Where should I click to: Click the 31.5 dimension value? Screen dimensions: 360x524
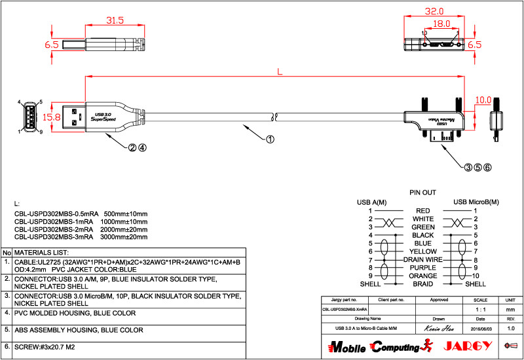[x=115, y=20]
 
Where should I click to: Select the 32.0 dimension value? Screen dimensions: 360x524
[x=434, y=12]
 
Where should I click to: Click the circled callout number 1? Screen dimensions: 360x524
[x=269, y=139]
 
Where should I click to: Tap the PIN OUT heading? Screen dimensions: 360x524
[x=422, y=193]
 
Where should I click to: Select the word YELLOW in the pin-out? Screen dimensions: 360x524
[x=423, y=251]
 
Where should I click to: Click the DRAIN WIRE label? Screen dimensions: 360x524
[x=423, y=260]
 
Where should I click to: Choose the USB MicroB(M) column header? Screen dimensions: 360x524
[x=476, y=202]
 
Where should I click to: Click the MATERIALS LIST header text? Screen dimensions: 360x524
[x=41, y=252]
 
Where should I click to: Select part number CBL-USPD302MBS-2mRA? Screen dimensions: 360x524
[x=56, y=230]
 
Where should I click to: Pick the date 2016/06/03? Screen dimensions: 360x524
[x=480, y=327]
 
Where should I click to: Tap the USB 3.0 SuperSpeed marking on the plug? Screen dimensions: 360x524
[x=103, y=117]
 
